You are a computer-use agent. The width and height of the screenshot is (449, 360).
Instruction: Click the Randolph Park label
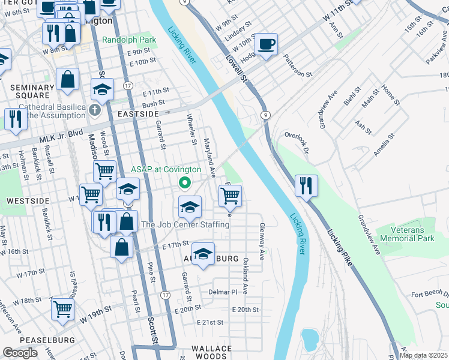click(x=129, y=40)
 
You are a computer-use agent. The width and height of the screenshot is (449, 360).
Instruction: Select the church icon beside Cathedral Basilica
click(x=95, y=110)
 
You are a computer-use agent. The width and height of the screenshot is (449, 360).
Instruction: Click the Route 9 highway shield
click(x=264, y=115)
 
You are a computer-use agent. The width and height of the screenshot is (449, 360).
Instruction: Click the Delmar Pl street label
click(x=223, y=292)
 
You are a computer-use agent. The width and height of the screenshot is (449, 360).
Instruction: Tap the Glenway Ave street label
click(x=262, y=241)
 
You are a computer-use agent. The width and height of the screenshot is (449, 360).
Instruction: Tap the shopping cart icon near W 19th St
click(x=62, y=310)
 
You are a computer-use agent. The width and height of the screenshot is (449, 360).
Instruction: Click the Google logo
click(x=20, y=353)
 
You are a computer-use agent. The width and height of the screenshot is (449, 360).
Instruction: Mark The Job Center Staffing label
click(x=185, y=224)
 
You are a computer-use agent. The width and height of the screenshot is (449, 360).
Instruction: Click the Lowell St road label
click(x=237, y=67)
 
